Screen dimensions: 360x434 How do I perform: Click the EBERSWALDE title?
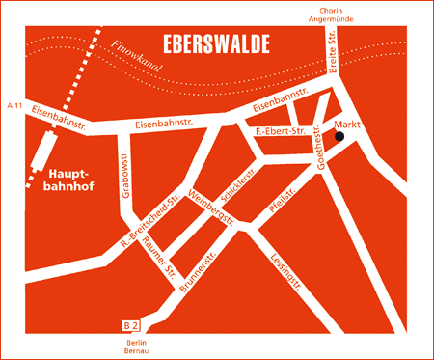[x=216, y=43]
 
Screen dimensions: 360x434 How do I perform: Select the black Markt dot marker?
[x=339, y=137]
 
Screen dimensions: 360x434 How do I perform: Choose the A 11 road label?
[x=14, y=103]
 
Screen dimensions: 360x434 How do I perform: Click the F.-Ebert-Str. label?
[x=280, y=129]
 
